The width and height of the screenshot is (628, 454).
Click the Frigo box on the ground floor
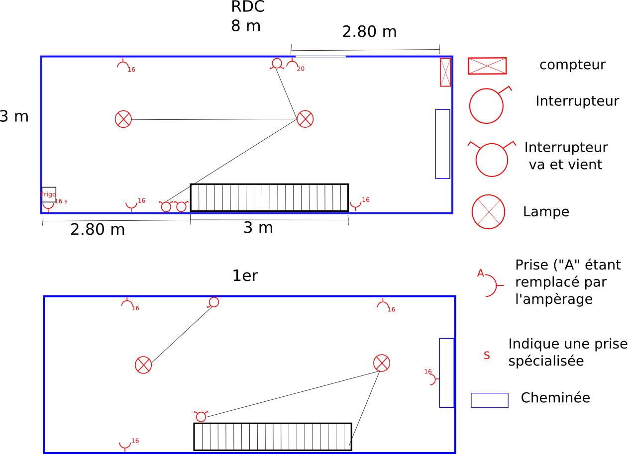(x=48, y=194)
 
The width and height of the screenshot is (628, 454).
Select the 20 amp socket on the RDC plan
(x=292, y=65)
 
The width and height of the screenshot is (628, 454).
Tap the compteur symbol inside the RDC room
(x=445, y=72)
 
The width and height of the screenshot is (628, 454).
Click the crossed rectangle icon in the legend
(x=487, y=66)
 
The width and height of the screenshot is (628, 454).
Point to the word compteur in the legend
(x=572, y=65)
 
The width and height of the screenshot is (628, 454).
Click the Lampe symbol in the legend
(x=488, y=211)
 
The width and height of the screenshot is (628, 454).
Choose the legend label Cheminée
(x=555, y=398)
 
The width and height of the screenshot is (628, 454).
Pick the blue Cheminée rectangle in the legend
(x=490, y=400)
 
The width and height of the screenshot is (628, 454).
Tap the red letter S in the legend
(x=487, y=356)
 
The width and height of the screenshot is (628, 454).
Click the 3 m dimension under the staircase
(x=258, y=228)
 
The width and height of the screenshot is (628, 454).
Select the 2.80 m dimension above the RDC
(x=369, y=32)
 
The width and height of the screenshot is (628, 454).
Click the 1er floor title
(x=245, y=275)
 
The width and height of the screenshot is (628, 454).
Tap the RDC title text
(x=247, y=7)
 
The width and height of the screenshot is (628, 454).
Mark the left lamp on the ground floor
(x=123, y=119)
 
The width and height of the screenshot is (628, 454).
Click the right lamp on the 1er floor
(x=382, y=363)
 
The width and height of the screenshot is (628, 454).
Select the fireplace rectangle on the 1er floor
(x=446, y=372)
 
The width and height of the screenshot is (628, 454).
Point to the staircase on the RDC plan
(x=269, y=197)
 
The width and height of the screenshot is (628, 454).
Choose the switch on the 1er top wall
(x=214, y=302)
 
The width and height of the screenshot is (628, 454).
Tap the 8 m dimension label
(x=245, y=26)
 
